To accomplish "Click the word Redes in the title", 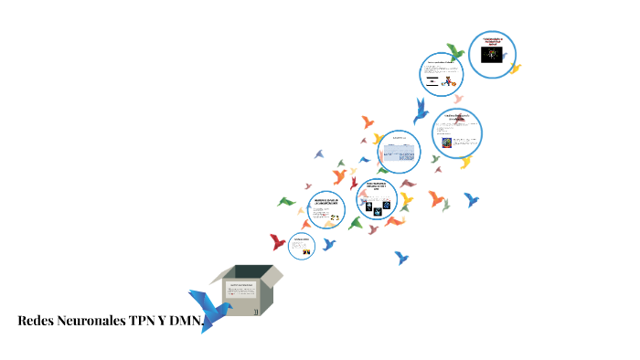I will (35, 321).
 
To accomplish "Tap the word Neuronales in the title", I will (87, 321).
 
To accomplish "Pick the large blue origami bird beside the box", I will (208, 307).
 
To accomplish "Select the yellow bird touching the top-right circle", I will (515, 69).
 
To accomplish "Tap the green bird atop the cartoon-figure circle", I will (454, 51).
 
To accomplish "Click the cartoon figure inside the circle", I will (449, 80).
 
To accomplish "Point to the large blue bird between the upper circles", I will (421, 111).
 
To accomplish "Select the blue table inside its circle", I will (398, 152).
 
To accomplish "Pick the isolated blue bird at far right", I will (472, 198).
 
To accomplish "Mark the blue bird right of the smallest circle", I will (329, 244).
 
